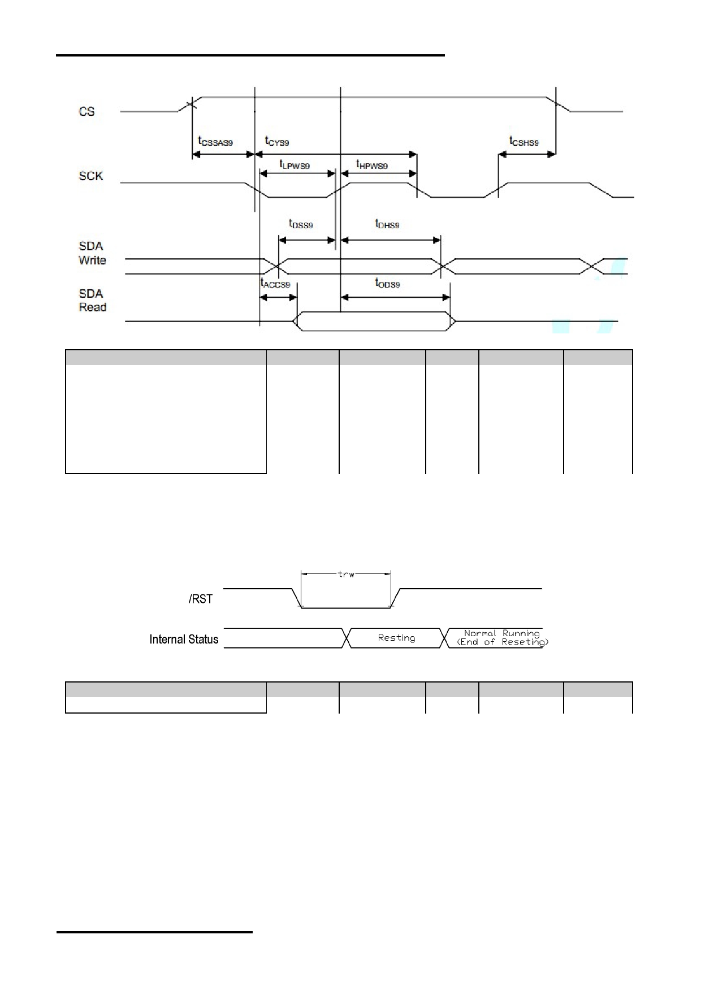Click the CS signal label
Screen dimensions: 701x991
(86, 111)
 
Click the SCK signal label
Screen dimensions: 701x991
(90, 176)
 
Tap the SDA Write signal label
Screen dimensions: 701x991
(92, 253)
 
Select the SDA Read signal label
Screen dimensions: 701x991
(92, 300)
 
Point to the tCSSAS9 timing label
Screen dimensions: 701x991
(215, 141)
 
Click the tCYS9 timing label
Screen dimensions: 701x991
(277, 141)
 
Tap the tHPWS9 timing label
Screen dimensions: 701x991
(371, 164)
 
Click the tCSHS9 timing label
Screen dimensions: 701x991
(524, 141)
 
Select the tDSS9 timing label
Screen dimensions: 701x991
(301, 224)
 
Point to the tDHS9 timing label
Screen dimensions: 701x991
(387, 224)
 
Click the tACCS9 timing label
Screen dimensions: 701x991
(275, 283)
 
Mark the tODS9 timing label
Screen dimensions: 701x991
(387, 283)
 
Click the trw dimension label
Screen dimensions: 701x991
(346, 574)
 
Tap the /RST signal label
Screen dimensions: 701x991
(201, 599)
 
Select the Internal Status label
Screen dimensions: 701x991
(184, 639)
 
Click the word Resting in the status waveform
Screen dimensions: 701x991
(396, 638)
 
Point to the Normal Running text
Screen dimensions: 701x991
(502, 633)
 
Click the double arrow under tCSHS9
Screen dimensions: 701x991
(527, 154)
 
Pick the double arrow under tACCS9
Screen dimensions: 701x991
(278, 297)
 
